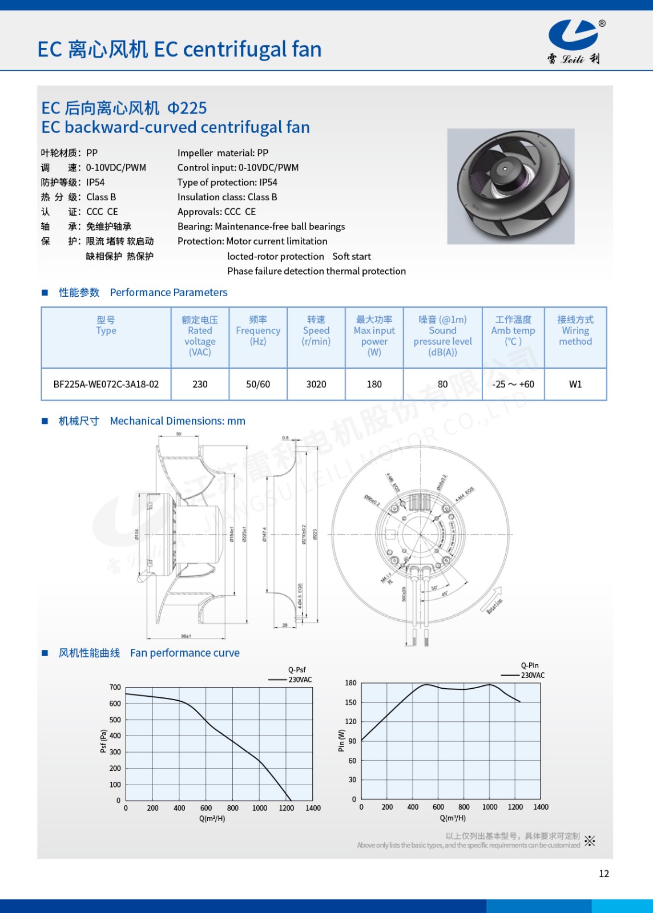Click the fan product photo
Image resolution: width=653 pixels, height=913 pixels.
point(510,186)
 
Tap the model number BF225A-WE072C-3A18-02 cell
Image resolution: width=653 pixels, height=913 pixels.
point(106,384)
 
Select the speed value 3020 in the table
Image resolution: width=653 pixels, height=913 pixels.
point(316,384)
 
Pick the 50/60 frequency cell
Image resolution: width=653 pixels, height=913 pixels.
point(258,384)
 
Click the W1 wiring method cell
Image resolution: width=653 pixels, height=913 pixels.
point(575,384)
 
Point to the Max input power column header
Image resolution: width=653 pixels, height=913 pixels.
point(374,336)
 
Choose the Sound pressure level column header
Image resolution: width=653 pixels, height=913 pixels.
point(442,336)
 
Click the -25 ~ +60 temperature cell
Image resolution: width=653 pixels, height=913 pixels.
point(513,384)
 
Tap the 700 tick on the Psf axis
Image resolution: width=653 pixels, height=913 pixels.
point(115,687)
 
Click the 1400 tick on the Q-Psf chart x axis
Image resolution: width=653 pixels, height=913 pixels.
point(313,808)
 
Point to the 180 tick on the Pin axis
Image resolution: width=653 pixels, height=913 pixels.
point(350,682)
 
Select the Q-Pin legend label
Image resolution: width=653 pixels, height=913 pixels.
point(530,665)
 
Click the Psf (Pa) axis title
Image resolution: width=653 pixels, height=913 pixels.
point(103,741)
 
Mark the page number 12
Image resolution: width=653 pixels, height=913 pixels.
point(604,874)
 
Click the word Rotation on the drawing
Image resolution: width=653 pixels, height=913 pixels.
point(495,605)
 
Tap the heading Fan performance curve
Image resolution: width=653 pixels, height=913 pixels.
point(185,653)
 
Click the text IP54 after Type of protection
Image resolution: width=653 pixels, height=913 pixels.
point(268,183)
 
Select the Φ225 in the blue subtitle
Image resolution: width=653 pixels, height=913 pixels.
point(187,108)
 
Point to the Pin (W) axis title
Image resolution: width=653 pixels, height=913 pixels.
point(341,740)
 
